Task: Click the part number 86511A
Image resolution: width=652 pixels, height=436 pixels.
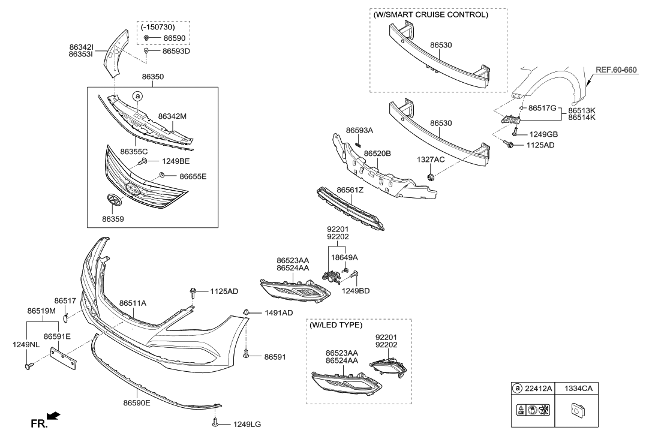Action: [x=133, y=303]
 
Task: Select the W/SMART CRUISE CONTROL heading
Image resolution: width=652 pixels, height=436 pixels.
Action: [x=431, y=15]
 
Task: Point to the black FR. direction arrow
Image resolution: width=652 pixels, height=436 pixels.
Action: [x=54, y=415]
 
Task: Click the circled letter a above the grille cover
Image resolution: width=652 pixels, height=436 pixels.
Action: [x=137, y=96]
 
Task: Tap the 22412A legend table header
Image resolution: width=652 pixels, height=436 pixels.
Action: [x=533, y=389]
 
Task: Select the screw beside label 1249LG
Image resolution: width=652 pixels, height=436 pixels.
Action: [x=215, y=424]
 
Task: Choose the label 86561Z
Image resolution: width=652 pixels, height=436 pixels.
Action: [x=350, y=190]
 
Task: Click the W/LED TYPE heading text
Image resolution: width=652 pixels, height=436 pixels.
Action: [x=336, y=325]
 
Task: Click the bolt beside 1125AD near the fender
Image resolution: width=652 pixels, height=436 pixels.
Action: [x=509, y=145]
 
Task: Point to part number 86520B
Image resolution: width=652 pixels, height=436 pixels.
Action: [x=377, y=154]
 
